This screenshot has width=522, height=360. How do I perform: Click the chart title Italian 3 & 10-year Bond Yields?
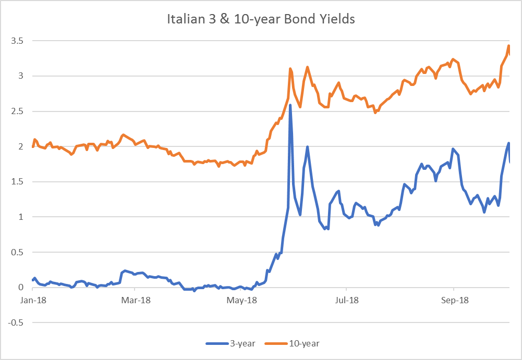261,20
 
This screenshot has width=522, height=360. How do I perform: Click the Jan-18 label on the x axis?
32,301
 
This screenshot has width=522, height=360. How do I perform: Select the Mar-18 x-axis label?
135,301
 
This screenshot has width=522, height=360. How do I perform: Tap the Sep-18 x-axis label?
454,301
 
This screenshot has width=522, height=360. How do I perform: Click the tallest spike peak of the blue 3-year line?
290,105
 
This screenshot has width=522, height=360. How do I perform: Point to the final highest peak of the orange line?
508,46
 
